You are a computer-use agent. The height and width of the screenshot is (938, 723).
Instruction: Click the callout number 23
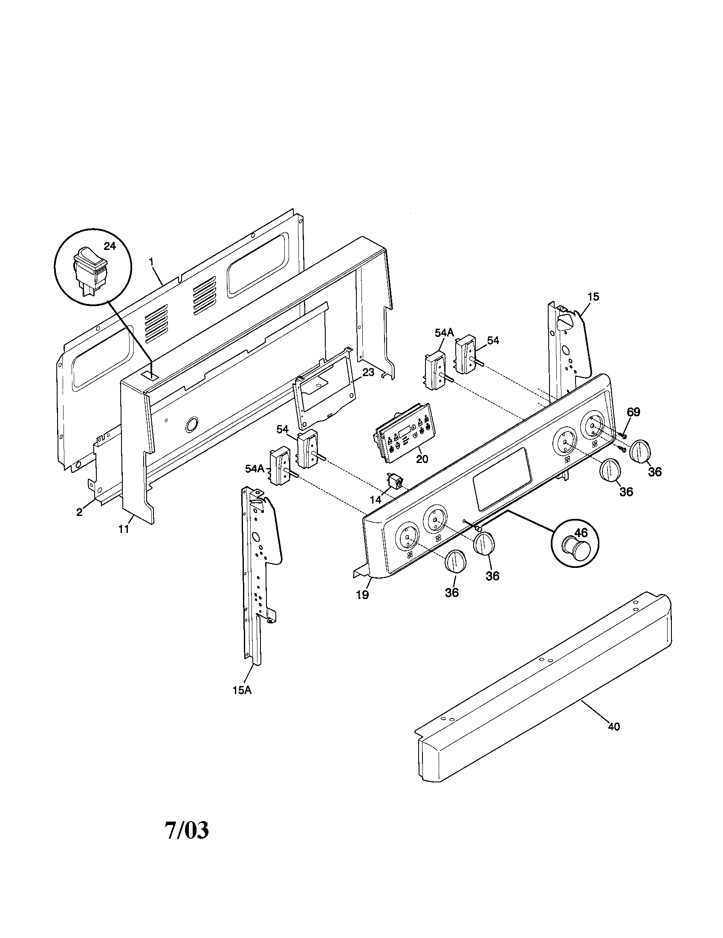(368, 372)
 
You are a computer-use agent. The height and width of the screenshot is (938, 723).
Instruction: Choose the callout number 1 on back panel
(151, 261)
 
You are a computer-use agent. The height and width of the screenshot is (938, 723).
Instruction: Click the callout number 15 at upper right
(593, 297)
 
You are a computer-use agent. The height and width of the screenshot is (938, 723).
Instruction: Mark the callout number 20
(422, 459)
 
